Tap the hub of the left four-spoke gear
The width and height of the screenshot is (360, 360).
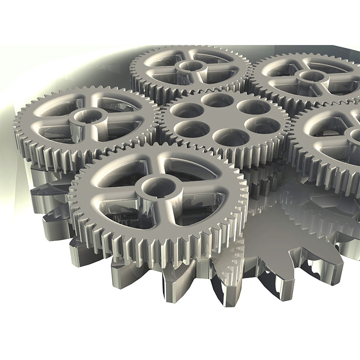point(87,117)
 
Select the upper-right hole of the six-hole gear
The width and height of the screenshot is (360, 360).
point(253,107)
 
